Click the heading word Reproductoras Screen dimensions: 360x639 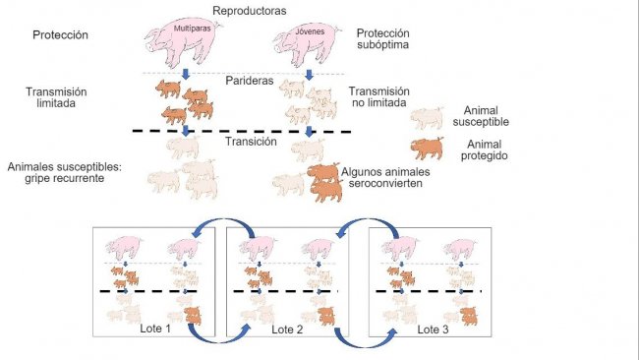click(x=248, y=10)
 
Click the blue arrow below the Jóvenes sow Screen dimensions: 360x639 click(x=309, y=76)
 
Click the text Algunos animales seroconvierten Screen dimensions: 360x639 click(x=387, y=177)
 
